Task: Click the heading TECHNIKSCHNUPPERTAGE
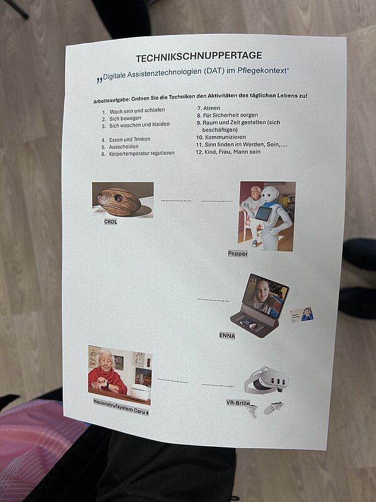pyautogui.click(x=199, y=55)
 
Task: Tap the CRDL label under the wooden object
pyautogui.click(x=110, y=222)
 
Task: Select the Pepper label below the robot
pyautogui.click(x=238, y=254)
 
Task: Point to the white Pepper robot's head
pyautogui.click(x=269, y=195)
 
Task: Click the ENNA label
pyautogui.click(x=227, y=335)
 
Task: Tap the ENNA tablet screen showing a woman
pyautogui.click(x=268, y=297)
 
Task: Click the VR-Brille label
pyautogui.click(x=238, y=402)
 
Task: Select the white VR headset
pyautogui.click(x=267, y=380)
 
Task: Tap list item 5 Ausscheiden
pyautogui.click(x=123, y=146)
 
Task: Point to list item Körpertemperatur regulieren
pyautogui.click(x=141, y=153)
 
